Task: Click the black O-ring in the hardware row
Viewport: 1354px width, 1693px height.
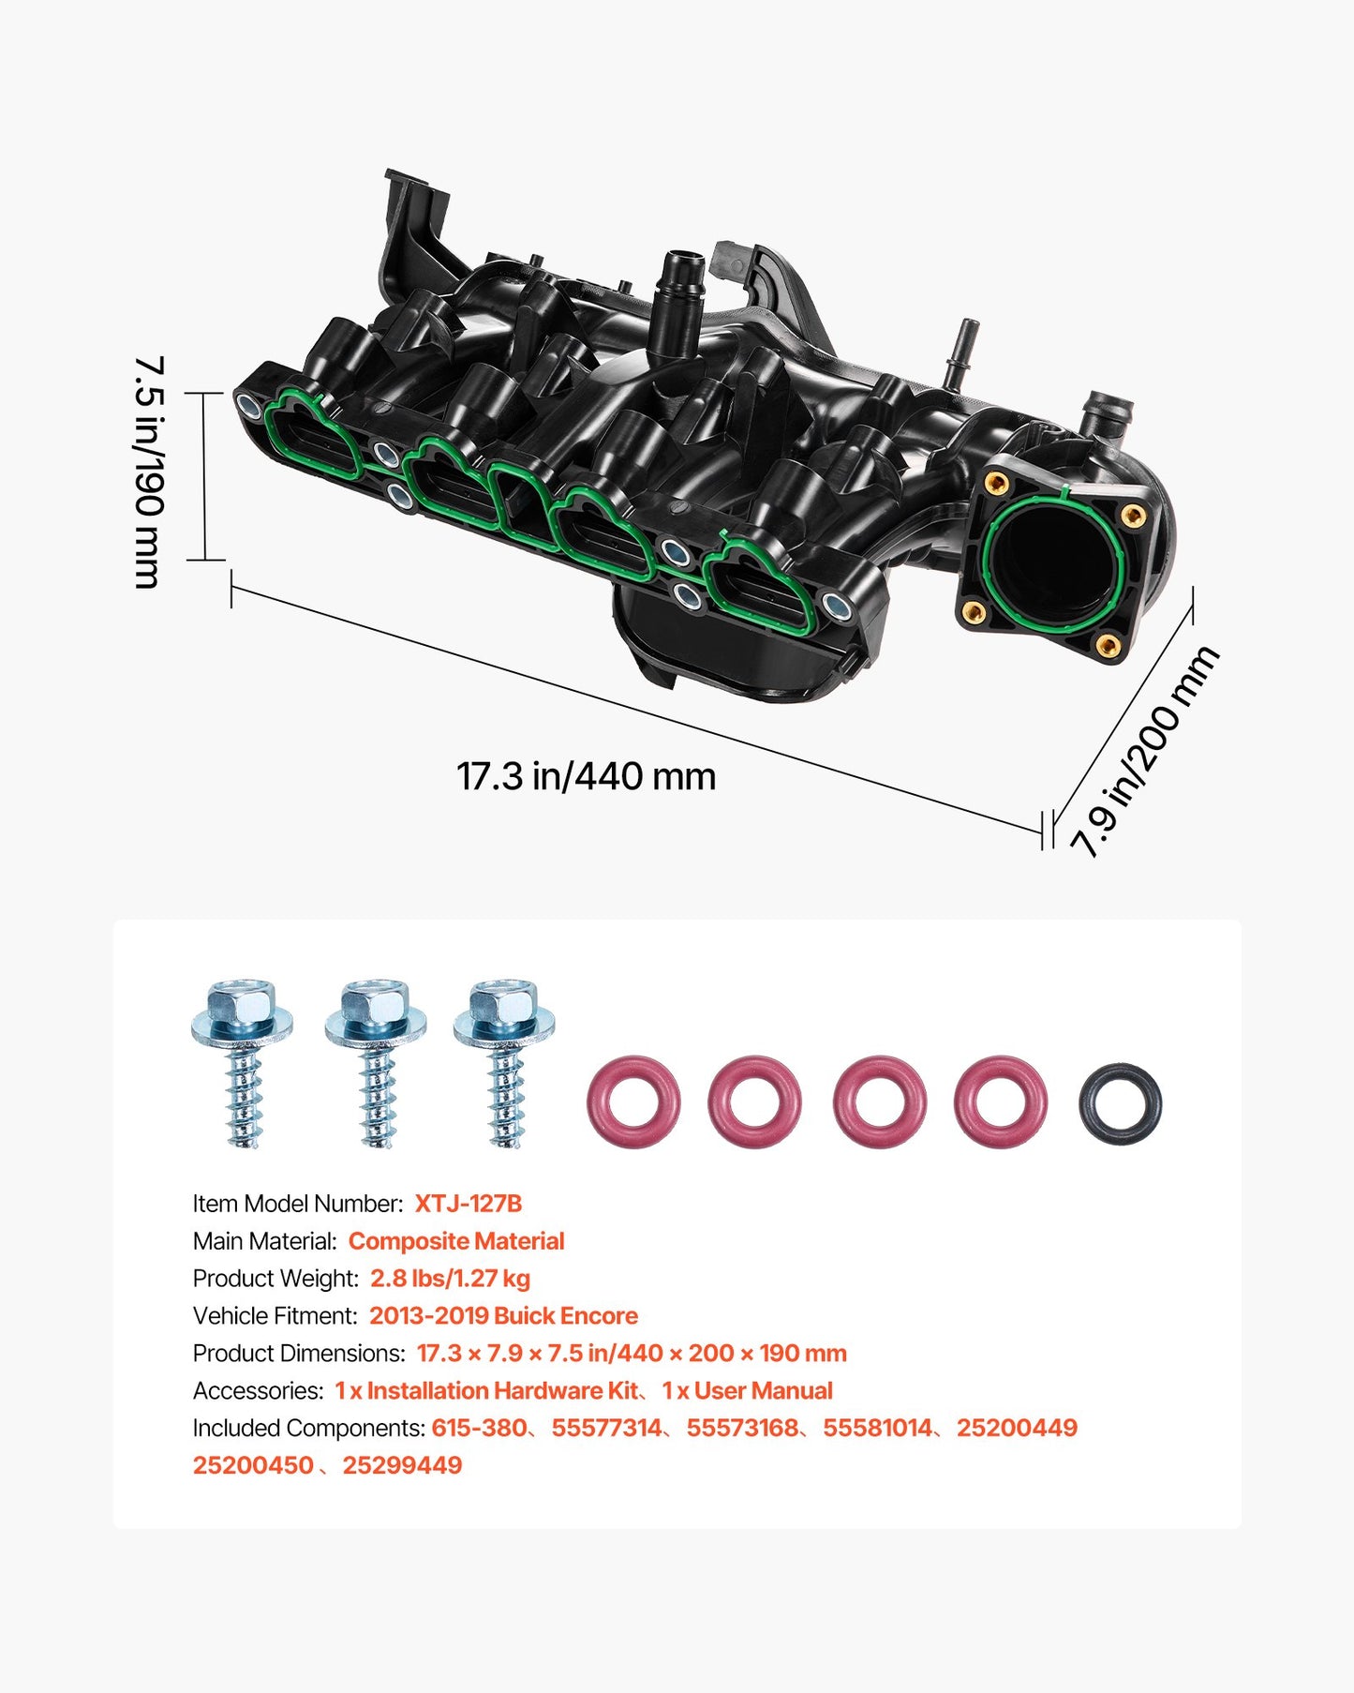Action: (1120, 1102)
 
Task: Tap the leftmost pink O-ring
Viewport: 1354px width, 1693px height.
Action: (633, 1101)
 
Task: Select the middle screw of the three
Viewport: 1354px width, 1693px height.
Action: (376, 1063)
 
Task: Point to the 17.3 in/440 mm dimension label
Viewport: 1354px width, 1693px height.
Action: (586, 776)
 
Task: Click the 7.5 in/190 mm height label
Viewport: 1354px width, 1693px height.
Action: (149, 472)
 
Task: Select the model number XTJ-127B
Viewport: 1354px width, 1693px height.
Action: (468, 1204)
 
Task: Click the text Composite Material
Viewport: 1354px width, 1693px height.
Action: (455, 1241)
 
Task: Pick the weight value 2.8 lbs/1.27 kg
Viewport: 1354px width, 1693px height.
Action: (450, 1279)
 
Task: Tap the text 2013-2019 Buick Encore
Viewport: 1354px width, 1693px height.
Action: (503, 1316)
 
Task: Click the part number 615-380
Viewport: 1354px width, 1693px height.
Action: (479, 1428)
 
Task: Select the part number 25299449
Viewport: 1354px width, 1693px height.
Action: (402, 1465)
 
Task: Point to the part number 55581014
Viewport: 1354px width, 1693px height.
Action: (877, 1428)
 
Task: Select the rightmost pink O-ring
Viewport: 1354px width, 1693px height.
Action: (1000, 1101)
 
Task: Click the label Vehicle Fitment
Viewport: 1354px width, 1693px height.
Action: (275, 1316)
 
